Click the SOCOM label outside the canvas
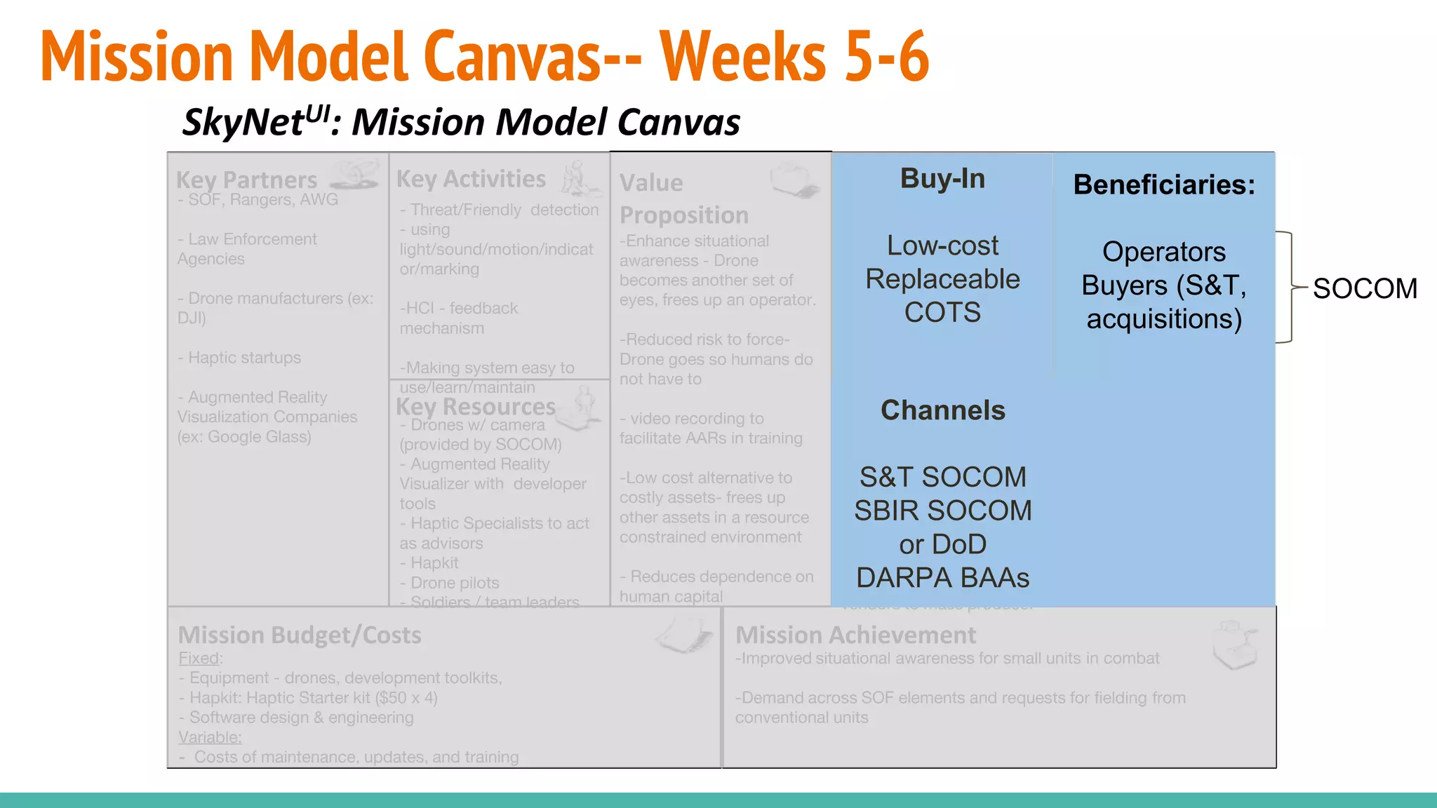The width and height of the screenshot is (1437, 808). point(1365,288)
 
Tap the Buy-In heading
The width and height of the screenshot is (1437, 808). point(942,179)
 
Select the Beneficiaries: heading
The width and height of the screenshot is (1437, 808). point(1164,184)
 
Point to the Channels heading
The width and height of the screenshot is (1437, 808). point(942,410)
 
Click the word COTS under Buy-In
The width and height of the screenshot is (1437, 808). point(942,312)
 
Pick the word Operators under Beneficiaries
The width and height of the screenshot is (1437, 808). point(1164,252)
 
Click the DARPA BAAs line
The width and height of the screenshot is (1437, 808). point(942,578)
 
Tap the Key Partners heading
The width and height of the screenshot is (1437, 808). point(246,180)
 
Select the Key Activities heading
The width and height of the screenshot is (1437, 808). point(471,179)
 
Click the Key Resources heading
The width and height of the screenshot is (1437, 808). point(475,407)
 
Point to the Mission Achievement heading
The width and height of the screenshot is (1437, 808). point(855,635)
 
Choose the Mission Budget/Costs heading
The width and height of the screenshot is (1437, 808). point(300,635)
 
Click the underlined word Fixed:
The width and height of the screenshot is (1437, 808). point(200,659)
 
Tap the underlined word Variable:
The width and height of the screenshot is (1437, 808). point(210,737)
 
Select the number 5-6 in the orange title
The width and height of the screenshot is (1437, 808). point(887,56)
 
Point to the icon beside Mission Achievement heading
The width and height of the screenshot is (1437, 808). point(1235,644)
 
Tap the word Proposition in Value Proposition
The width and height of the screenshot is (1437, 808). point(684,215)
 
